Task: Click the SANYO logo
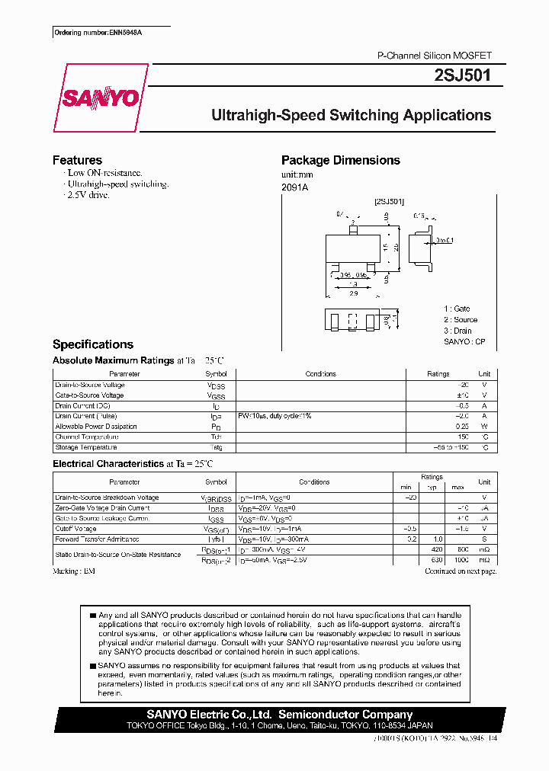point(100,98)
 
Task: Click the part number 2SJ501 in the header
point(470,76)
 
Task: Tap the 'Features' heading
point(77,160)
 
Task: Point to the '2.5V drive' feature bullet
point(88,195)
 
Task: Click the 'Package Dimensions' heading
point(340,160)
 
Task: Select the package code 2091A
point(295,187)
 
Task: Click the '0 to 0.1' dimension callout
point(444,241)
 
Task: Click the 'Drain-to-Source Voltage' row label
point(90,385)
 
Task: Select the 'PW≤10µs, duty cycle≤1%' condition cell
point(274,416)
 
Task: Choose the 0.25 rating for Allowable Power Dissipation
point(462,427)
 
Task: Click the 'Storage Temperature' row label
point(85,447)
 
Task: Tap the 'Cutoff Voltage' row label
point(75,528)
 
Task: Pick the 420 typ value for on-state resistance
point(436,549)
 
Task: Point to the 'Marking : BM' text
point(74,570)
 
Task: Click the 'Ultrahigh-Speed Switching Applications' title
point(351,116)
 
